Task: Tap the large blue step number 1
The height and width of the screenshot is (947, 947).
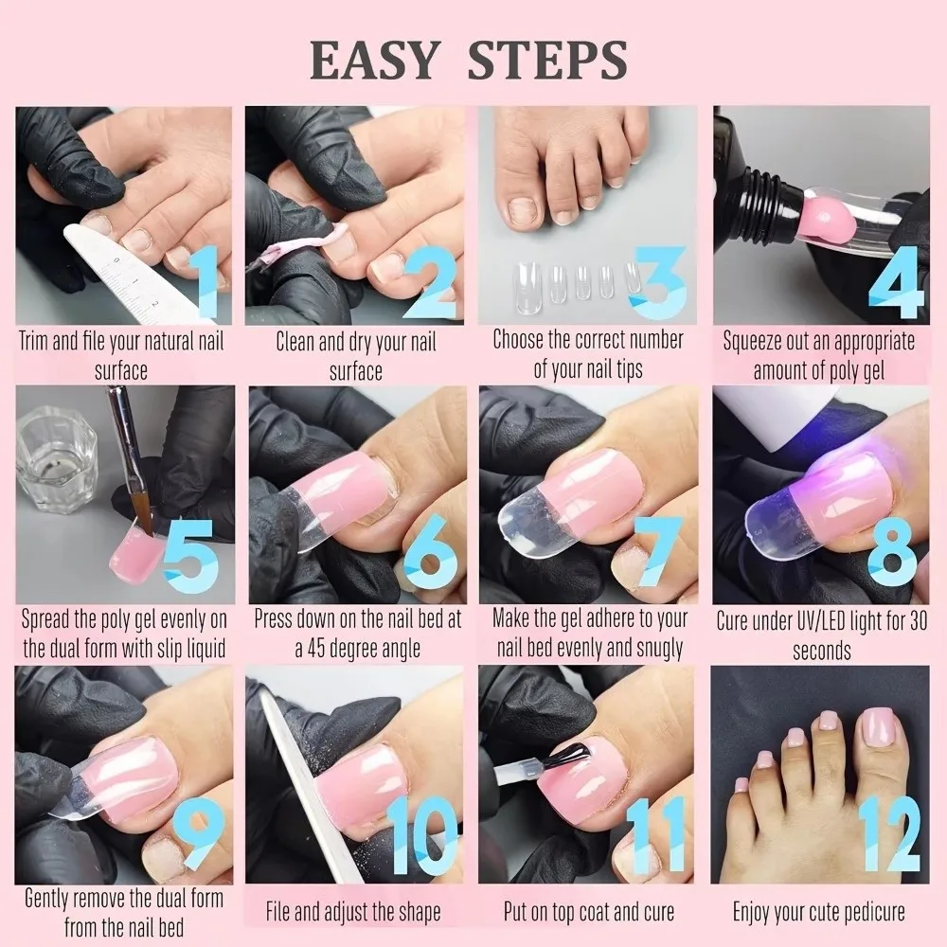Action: coord(207,283)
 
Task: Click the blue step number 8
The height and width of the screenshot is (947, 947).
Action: coord(891,553)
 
